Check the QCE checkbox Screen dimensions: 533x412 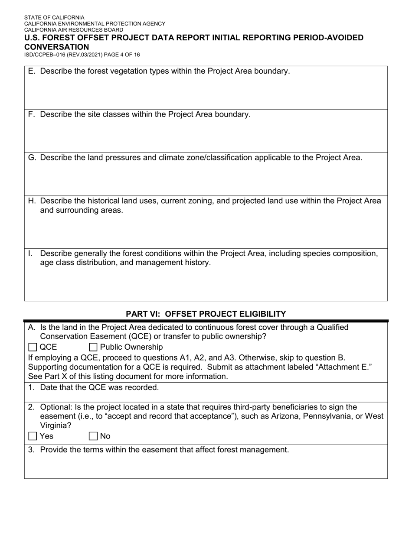click(x=33, y=347)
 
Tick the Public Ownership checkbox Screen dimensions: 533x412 click(x=93, y=347)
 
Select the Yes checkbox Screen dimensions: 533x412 click(x=33, y=436)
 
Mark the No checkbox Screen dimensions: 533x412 click(x=93, y=436)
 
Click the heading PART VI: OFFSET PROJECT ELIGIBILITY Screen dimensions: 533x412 click(x=206, y=314)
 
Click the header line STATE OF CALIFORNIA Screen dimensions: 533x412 click(x=54, y=18)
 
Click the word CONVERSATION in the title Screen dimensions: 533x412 click(x=56, y=47)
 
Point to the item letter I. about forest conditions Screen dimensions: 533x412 click(x=30, y=253)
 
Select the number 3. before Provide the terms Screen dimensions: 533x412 click(x=31, y=450)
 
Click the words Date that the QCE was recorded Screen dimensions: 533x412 click(x=99, y=387)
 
